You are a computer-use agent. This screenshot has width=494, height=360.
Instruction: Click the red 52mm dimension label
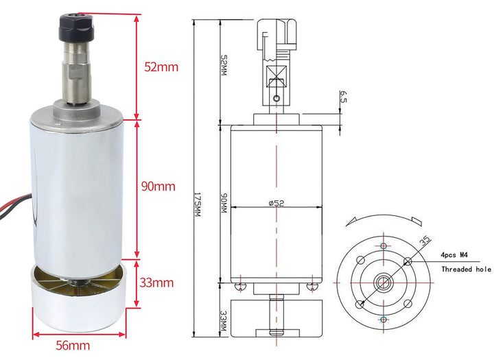[x=161, y=67]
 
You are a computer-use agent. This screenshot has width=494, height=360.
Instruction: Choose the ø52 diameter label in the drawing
[x=277, y=203]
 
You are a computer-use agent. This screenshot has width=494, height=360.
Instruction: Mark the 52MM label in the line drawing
[x=224, y=66]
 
